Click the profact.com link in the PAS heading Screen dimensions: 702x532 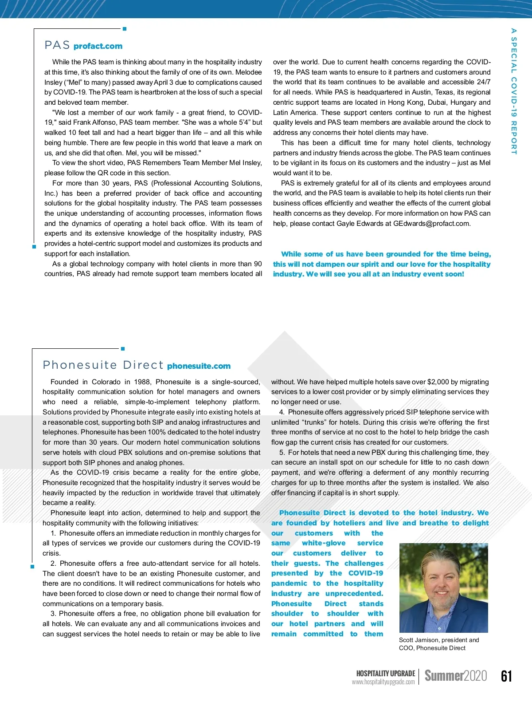pos(98,46)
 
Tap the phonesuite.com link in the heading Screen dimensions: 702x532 pos(199,366)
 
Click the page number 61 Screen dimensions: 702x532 pos(506,676)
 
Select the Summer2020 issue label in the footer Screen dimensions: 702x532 pos(456,675)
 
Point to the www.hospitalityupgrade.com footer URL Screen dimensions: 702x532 pos(383,682)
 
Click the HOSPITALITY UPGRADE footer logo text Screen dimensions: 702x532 pos(386,673)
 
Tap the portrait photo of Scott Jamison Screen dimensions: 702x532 pos(443,588)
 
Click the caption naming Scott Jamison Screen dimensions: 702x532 pos(439,644)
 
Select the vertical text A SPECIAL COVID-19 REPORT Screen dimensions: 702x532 pos(514,91)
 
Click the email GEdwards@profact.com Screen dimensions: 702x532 pos(431,224)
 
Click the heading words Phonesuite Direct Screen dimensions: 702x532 pos(103,365)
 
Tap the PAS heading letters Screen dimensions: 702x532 pos(57,45)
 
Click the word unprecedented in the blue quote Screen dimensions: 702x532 pos(354,594)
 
